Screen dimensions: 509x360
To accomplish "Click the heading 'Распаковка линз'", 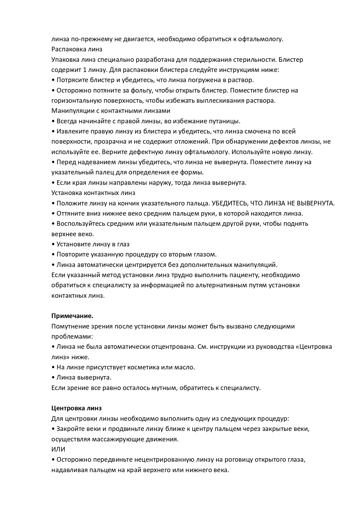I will [x=77, y=49].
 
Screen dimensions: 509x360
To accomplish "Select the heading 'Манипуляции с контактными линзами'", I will [x=111, y=111].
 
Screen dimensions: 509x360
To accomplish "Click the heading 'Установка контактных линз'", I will [x=93, y=193].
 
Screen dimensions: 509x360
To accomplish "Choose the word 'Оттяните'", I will [x=70, y=214].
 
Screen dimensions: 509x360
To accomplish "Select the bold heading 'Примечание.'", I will [x=72, y=316].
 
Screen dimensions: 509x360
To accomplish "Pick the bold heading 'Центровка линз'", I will [x=77, y=408].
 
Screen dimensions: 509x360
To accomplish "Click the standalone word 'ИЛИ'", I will [x=58, y=450].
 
